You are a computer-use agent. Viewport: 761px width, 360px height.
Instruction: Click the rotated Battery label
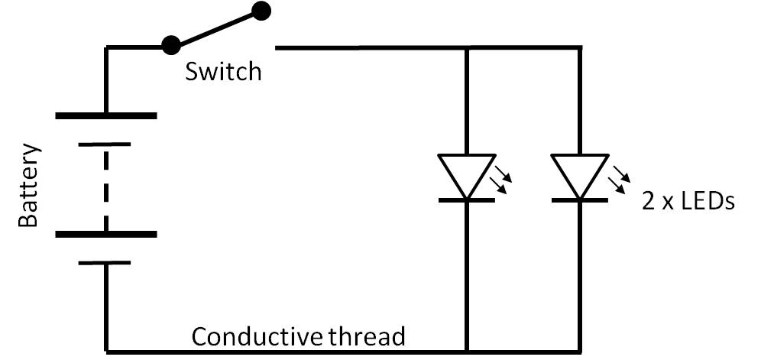click(28, 185)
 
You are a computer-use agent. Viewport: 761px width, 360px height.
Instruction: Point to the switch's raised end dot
click(261, 11)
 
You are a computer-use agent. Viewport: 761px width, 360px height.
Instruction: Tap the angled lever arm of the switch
click(215, 28)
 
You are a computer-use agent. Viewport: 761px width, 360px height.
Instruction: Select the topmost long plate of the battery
click(106, 116)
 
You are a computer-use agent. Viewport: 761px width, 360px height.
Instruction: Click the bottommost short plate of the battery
click(106, 262)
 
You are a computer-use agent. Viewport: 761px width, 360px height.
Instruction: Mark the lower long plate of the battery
click(106, 235)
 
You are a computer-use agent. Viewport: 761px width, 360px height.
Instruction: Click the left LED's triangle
click(466, 174)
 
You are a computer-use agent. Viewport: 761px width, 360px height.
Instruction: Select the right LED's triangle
click(579, 174)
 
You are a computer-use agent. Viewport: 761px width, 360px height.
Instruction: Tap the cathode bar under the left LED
click(466, 199)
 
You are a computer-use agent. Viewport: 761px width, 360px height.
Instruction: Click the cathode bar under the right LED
click(579, 199)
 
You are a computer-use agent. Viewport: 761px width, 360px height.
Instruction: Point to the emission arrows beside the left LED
click(500, 176)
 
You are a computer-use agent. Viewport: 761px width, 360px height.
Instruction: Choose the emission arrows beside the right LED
click(619, 176)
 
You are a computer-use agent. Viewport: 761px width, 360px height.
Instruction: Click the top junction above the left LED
click(466, 48)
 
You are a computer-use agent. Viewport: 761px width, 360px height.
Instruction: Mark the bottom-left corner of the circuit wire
click(107, 352)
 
